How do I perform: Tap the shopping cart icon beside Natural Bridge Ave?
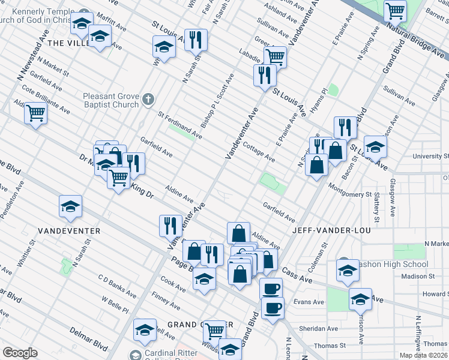coord(396,10)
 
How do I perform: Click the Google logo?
coord(20,353)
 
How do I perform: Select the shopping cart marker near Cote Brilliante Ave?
coord(36,112)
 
